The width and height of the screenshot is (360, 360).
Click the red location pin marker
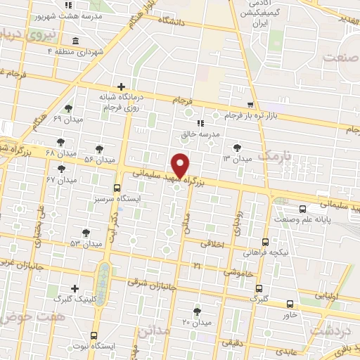point(181,165)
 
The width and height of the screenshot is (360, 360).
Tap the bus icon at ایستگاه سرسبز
point(117,188)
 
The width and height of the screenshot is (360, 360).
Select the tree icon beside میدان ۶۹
point(68,108)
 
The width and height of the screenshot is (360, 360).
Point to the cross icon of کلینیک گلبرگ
point(75,288)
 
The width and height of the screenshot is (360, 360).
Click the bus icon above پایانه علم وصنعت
point(303,209)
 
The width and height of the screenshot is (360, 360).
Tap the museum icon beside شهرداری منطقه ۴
point(75,40)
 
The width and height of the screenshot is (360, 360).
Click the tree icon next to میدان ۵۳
point(86,231)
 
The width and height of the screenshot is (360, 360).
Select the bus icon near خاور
point(290,304)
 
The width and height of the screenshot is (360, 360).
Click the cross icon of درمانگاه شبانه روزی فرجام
point(120,86)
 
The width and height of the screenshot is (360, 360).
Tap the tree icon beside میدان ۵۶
point(99,149)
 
